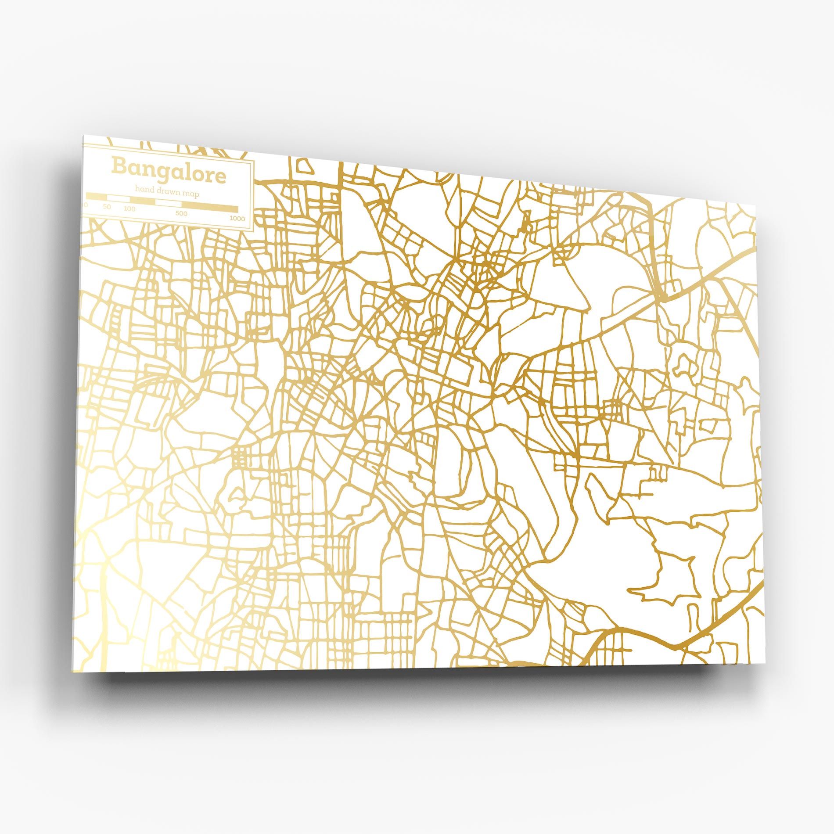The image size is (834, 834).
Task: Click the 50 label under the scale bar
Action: tap(107, 206)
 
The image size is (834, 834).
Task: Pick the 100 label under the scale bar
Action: tap(129, 208)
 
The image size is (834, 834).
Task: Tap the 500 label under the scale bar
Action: tap(181, 213)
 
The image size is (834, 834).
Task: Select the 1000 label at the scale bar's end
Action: tap(237, 218)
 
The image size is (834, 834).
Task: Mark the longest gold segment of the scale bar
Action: tap(210, 207)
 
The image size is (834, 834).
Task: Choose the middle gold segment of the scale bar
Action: tap(142, 201)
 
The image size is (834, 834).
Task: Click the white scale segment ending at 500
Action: tap(168, 203)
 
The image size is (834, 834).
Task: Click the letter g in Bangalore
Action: tap(163, 174)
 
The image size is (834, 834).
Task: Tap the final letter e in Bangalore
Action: tap(221, 177)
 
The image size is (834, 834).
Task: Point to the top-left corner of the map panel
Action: tap(83, 136)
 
